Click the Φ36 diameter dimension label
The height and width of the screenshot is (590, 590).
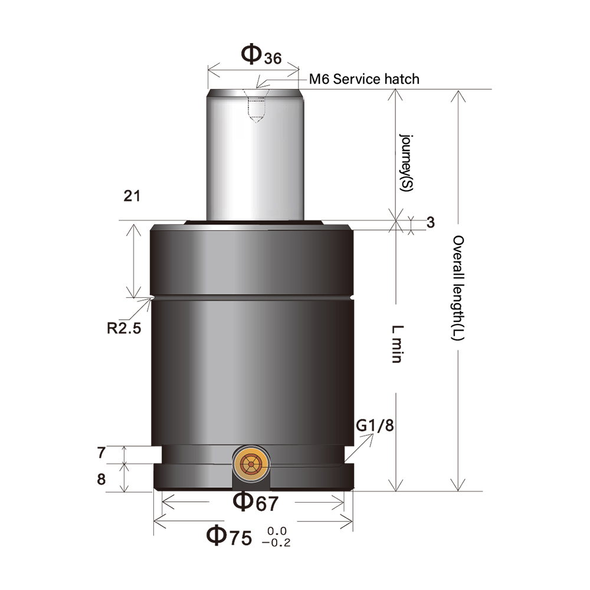pyautogui.click(x=261, y=55)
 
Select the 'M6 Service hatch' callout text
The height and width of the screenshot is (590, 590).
pyautogui.click(x=364, y=78)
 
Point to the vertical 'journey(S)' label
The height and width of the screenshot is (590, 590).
pyautogui.click(x=406, y=161)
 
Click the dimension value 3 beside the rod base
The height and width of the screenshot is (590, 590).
pyautogui.click(x=430, y=222)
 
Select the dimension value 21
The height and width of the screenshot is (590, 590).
pyautogui.click(x=132, y=196)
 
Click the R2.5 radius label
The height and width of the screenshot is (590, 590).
pyautogui.click(x=124, y=329)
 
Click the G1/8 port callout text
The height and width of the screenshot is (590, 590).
pyautogui.click(x=375, y=425)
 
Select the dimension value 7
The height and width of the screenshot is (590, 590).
pyautogui.click(x=101, y=454)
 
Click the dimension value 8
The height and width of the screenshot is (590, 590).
pyautogui.click(x=101, y=479)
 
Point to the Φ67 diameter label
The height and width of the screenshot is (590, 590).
pyautogui.click(x=255, y=501)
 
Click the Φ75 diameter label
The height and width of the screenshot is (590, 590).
pyautogui.click(x=229, y=536)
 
